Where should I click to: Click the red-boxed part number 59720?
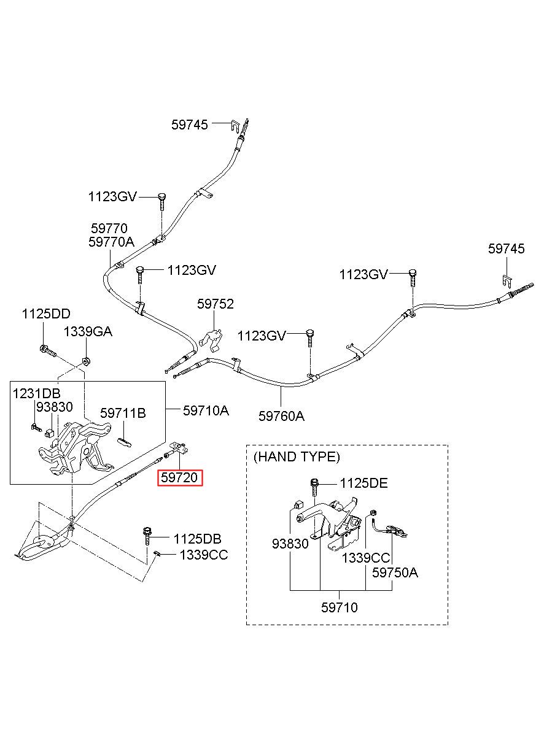[179, 477]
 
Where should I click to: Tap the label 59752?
[216, 304]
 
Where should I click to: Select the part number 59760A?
[281, 416]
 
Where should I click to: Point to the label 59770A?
[112, 242]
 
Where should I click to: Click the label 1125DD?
[46, 314]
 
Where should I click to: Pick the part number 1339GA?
[88, 332]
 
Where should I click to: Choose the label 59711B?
[123, 414]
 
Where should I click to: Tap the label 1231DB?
[36, 393]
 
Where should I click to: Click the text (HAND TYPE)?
[297, 456]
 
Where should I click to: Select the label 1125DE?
[363, 483]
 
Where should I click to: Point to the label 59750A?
[395, 572]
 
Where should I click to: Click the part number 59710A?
[206, 410]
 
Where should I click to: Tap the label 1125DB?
[198, 539]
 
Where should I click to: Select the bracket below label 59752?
[211, 341]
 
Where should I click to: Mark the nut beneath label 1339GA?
[86, 361]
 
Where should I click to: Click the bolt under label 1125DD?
[47, 350]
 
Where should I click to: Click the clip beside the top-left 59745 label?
[235, 126]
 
